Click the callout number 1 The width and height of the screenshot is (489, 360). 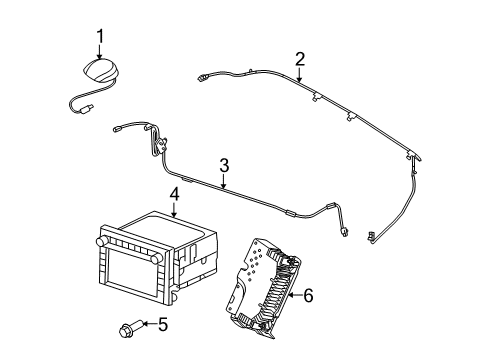pyautogui.click(x=100, y=36)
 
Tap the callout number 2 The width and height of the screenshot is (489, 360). pyautogui.click(x=300, y=59)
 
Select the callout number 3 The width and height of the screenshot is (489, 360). pyautogui.click(x=224, y=166)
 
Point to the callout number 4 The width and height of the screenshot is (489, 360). pyautogui.click(x=174, y=195)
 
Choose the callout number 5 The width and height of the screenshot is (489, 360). pyautogui.click(x=163, y=324)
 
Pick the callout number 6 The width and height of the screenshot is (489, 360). pyautogui.click(x=308, y=295)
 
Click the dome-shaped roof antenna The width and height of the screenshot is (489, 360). pyautogui.click(x=101, y=71)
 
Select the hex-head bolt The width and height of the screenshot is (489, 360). pyautogui.click(x=131, y=328)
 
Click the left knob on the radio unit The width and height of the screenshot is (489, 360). pyautogui.click(x=101, y=240)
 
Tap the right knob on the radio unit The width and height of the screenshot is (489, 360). pyautogui.click(x=154, y=259)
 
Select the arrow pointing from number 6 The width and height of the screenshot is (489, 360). pyautogui.click(x=295, y=295)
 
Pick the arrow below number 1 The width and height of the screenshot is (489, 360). pyautogui.click(x=100, y=52)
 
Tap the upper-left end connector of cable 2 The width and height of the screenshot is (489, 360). pyautogui.click(x=201, y=78)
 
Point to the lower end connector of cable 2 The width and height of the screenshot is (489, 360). pyautogui.click(x=371, y=235)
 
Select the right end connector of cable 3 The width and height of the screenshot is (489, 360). pyautogui.click(x=344, y=231)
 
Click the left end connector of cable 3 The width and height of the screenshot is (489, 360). pyautogui.click(x=117, y=129)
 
